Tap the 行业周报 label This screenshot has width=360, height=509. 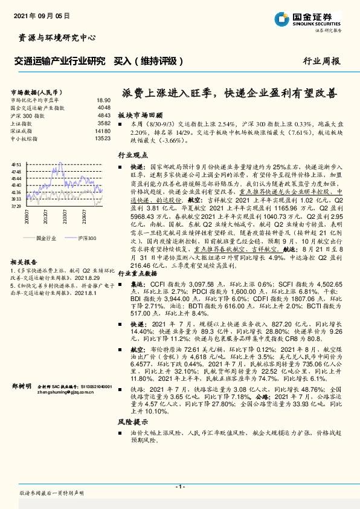coord(321,61)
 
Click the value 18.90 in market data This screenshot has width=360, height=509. coord(103,100)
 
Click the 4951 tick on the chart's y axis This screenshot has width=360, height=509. coord(17,164)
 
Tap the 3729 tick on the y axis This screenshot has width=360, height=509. coord(17,206)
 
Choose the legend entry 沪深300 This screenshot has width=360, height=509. coord(87,238)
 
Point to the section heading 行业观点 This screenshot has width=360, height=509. coord(132,155)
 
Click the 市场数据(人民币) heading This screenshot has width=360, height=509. coord(33,89)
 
